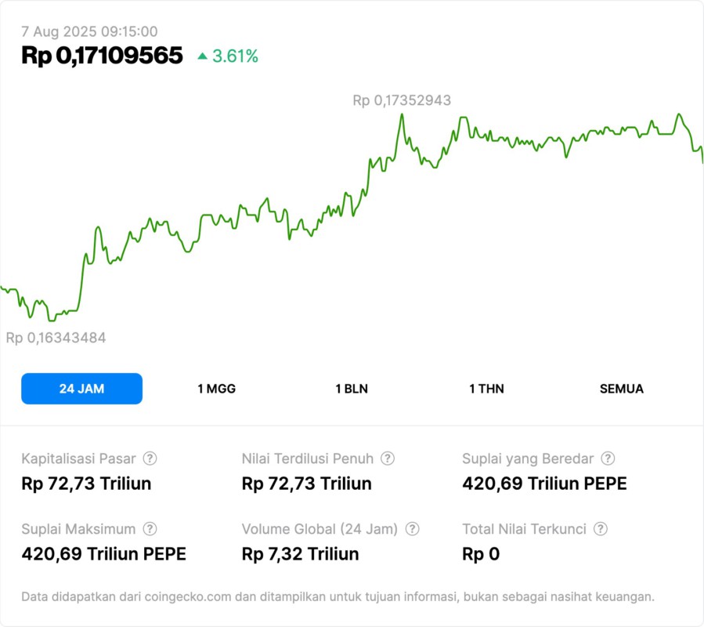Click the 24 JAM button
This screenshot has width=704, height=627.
pyautogui.click(x=81, y=389)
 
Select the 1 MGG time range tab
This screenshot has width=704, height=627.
pyautogui.click(x=216, y=389)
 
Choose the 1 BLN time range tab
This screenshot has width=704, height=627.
pyautogui.click(x=352, y=389)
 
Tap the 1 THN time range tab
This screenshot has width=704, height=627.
pyautogui.click(x=486, y=389)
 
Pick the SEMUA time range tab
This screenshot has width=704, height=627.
pyautogui.click(x=621, y=389)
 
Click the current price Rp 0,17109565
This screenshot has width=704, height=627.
pyautogui.click(x=102, y=56)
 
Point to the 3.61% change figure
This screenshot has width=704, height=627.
pyautogui.click(x=235, y=56)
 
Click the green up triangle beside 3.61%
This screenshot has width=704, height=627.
pyautogui.click(x=203, y=56)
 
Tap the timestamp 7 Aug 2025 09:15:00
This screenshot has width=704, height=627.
pyautogui.click(x=89, y=31)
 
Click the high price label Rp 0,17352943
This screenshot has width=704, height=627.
pyautogui.click(x=401, y=100)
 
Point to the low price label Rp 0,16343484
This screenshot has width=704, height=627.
pyautogui.click(x=56, y=338)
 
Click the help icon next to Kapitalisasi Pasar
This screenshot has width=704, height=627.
pyautogui.click(x=150, y=458)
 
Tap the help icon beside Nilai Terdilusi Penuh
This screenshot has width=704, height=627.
pyautogui.click(x=388, y=458)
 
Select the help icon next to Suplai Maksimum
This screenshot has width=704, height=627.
pyautogui.click(x=150, y=529)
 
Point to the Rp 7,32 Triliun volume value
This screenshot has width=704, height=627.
pyautogui.click(x=300, y=554)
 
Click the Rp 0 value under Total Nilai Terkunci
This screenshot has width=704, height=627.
pyautogui.click(x=480, y=554)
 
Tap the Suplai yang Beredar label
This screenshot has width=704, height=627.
pyautogui.click(x=528, y=458)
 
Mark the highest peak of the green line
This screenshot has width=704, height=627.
pyautogui.click(x=402, y=114)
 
